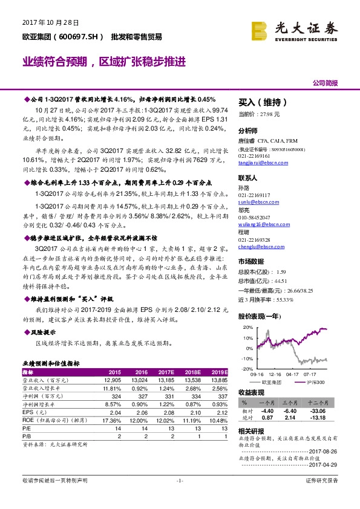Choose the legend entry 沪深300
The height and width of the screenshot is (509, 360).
pyautogui.click(x=316, y=383)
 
